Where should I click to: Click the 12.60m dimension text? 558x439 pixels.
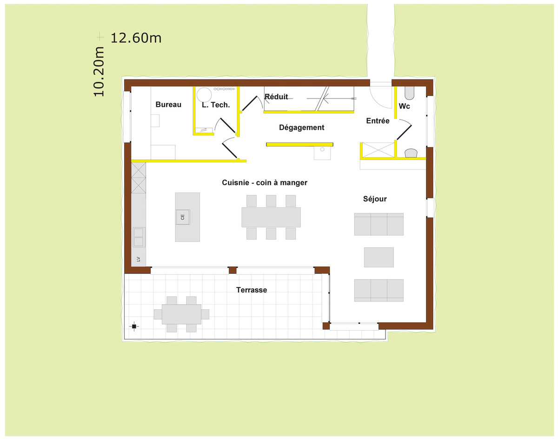(x=136, y=38)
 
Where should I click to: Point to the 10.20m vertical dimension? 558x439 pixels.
(x=99, y=72)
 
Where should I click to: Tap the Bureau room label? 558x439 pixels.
(x=168, y=105)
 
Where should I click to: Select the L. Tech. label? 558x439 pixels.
(x=216, y=105)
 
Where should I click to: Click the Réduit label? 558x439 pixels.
(x=276, y=96)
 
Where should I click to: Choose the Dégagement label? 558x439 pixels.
(x=302, y=127)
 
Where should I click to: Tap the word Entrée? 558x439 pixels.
(x=378, y=120)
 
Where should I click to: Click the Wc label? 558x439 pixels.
(x=404, y=106)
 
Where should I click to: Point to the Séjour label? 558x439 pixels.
(x=375, y=199)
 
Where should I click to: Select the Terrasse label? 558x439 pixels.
(x=252, y=290)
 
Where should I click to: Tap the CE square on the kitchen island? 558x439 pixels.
(x=183, y=217)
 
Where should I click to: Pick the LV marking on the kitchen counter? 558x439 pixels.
(x=138, y=259)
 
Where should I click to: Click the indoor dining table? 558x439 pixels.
(x=271, y=217)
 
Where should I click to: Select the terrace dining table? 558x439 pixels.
(x=181, y=314)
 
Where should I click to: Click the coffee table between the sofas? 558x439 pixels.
(x=379, y=257)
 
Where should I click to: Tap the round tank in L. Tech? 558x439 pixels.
(x=204, y=95)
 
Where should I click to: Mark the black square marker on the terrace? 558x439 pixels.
(x=134, y=326)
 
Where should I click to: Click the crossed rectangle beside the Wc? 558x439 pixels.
(x=378, y=150)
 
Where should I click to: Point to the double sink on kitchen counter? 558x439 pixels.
(x=139, y=237)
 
